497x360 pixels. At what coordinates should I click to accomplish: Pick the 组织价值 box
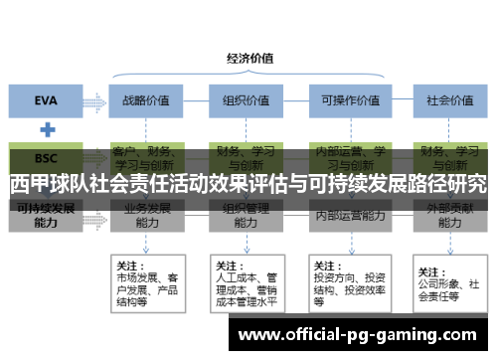point(242,100)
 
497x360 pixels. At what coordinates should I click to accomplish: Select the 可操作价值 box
point(345,100)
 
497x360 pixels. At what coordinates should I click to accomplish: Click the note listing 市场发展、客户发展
point(147,282)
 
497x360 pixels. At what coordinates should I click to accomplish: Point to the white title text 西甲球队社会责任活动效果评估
point(248,184)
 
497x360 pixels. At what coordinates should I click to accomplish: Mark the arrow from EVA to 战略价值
point(97,100)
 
